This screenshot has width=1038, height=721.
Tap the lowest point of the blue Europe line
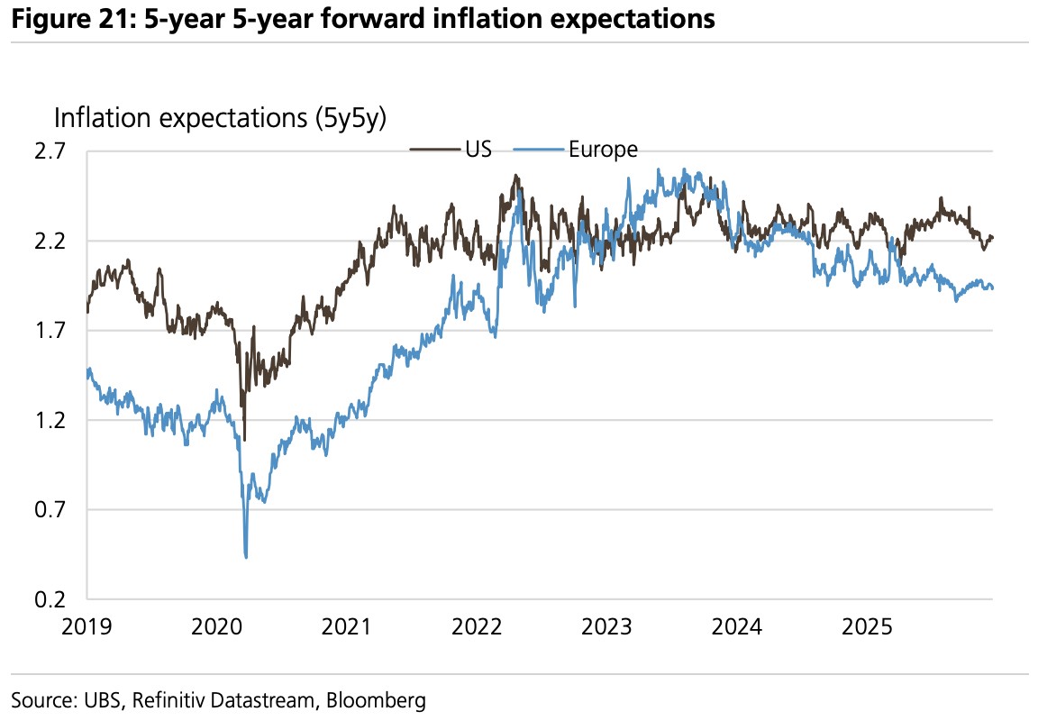pyautogui.click(x=246, y=557)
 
